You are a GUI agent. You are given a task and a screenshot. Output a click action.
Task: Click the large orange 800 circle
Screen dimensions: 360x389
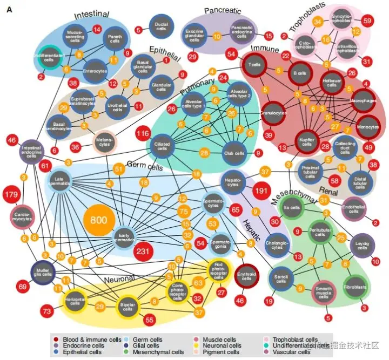[103, 220]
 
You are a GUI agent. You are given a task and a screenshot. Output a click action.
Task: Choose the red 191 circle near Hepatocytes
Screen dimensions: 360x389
[261, 192]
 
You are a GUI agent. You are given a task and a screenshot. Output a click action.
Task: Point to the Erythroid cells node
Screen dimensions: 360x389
[247, 277]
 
